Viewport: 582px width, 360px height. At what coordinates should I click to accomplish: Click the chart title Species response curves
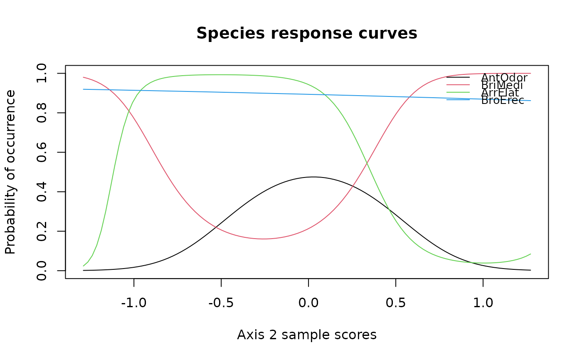click(x=307, y=34)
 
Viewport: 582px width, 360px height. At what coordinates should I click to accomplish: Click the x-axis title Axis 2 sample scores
click(x=307, y=335)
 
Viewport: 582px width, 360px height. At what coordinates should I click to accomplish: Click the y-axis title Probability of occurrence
click(x=10, y=172)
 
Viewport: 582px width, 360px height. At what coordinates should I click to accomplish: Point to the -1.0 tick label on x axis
click(x=133, y=303)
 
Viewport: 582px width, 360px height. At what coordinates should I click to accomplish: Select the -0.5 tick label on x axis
click(x=221, y=303)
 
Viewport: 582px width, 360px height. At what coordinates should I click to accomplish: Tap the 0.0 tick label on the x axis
click(x=308, y=303)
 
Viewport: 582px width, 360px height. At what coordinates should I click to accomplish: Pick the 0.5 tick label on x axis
click(x=395, y=303)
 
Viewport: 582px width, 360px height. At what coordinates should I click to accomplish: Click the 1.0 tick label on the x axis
click(x=483, y=303)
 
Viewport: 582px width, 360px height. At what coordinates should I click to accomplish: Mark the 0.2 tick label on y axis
click(x=42, y=231)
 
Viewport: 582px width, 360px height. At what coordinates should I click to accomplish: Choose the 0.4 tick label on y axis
click(x=42, y=192)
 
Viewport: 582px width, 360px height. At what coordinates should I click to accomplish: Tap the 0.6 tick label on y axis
click(x=42, y=152)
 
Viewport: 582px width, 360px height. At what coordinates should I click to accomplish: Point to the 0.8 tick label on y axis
click(x=42, y=113)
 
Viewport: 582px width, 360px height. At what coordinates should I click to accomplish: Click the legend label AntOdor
click(x=504, y=78)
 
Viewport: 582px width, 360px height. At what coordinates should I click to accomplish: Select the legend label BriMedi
click(x=502, y=85)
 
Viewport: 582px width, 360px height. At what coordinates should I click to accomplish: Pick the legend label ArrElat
click(x=500, y=93)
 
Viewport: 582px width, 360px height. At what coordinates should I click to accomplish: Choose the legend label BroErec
click(x=503, y=100)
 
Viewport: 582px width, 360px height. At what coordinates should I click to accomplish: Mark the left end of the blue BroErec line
click(x=84, y=89)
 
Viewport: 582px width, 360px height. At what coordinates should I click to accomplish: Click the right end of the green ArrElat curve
click(x=531, y=254)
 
